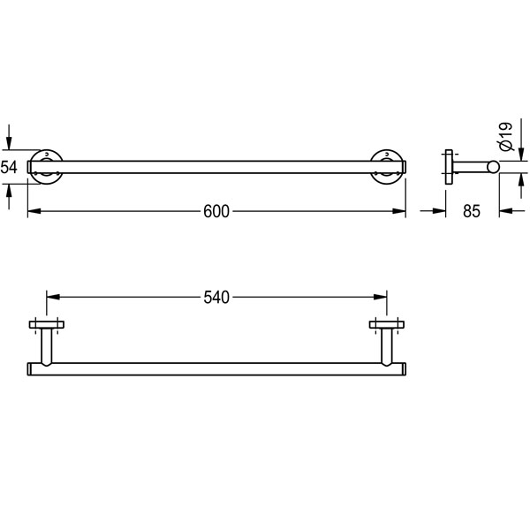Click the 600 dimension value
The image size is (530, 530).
click(216, 211)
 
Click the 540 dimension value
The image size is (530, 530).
click(216, 298)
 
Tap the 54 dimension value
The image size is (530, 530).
click(9, 167)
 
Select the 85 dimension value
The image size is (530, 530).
click(472, 211)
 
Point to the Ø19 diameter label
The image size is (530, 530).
click(506, 136)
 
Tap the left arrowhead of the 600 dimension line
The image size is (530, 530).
click(34, 211)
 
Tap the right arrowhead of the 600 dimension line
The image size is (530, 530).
click(399, 211)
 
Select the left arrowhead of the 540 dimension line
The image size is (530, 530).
click(53, 297)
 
